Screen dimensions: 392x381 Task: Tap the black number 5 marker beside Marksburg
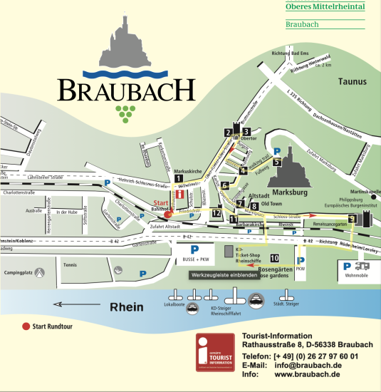pos(276,162)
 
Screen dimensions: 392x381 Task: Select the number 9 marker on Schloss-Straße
pos(352,218)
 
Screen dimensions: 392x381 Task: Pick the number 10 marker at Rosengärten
pos(274,259)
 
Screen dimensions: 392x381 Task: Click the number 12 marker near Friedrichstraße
pos(216,213)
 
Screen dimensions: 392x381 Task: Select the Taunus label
pos(352,81)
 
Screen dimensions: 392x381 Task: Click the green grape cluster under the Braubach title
pos(125,110)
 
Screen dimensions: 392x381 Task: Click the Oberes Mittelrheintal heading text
pos(325,7)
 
